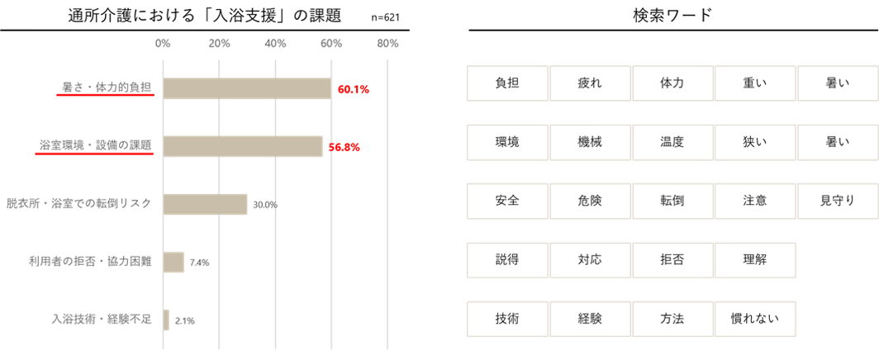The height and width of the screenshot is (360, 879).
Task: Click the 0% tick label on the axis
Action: pyautogui.click(x=163, y=43)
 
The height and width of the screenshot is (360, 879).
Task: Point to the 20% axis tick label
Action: pyautogui.click(x=219, y=43)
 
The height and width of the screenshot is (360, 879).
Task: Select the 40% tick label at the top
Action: pyautogui.click(x=275, y=43)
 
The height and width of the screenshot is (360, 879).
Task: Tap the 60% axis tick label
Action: pyautogui.click(x=331, y=43)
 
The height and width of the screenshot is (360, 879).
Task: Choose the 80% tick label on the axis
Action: pyautogui.click(x=387, y=43)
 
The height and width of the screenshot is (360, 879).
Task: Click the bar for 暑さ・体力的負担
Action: pyautogui.click(x=247, y=88)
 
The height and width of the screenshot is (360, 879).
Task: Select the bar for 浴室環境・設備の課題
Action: pyautogui.click(x=243, y=146)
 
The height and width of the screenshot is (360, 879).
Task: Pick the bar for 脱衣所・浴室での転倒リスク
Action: pyautogui.click(x=206, y=204)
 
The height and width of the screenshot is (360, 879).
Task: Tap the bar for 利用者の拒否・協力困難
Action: pyautogui.click(x=173, y=262)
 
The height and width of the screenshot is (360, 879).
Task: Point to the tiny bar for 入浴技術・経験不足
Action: pyautogui.click(x=166, y=320)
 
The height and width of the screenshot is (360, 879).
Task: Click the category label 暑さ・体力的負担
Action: pyautogui.click(x=107, y=86)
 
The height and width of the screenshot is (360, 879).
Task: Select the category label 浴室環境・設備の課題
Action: pyautogui.click(x=95, y=144)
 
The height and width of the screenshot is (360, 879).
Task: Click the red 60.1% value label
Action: pyautogui.click(x=353, y=88)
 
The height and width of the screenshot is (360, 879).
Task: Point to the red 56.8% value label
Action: pyautogui.click(x=344, y=147)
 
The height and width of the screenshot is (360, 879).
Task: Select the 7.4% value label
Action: pyautogui.click(x=199, y=263)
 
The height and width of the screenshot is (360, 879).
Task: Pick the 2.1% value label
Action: pyautogui.click(x=184, y=321)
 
